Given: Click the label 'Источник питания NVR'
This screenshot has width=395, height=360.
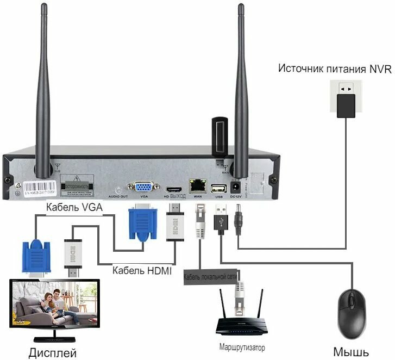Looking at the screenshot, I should [x=335, y=69].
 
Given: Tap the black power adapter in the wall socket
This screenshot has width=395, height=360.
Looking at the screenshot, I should [x=346, y=105].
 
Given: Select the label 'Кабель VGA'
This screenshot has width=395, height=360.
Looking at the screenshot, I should [x=74, y=207].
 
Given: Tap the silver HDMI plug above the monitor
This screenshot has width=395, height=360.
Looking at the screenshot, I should [x=72, y=258].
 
